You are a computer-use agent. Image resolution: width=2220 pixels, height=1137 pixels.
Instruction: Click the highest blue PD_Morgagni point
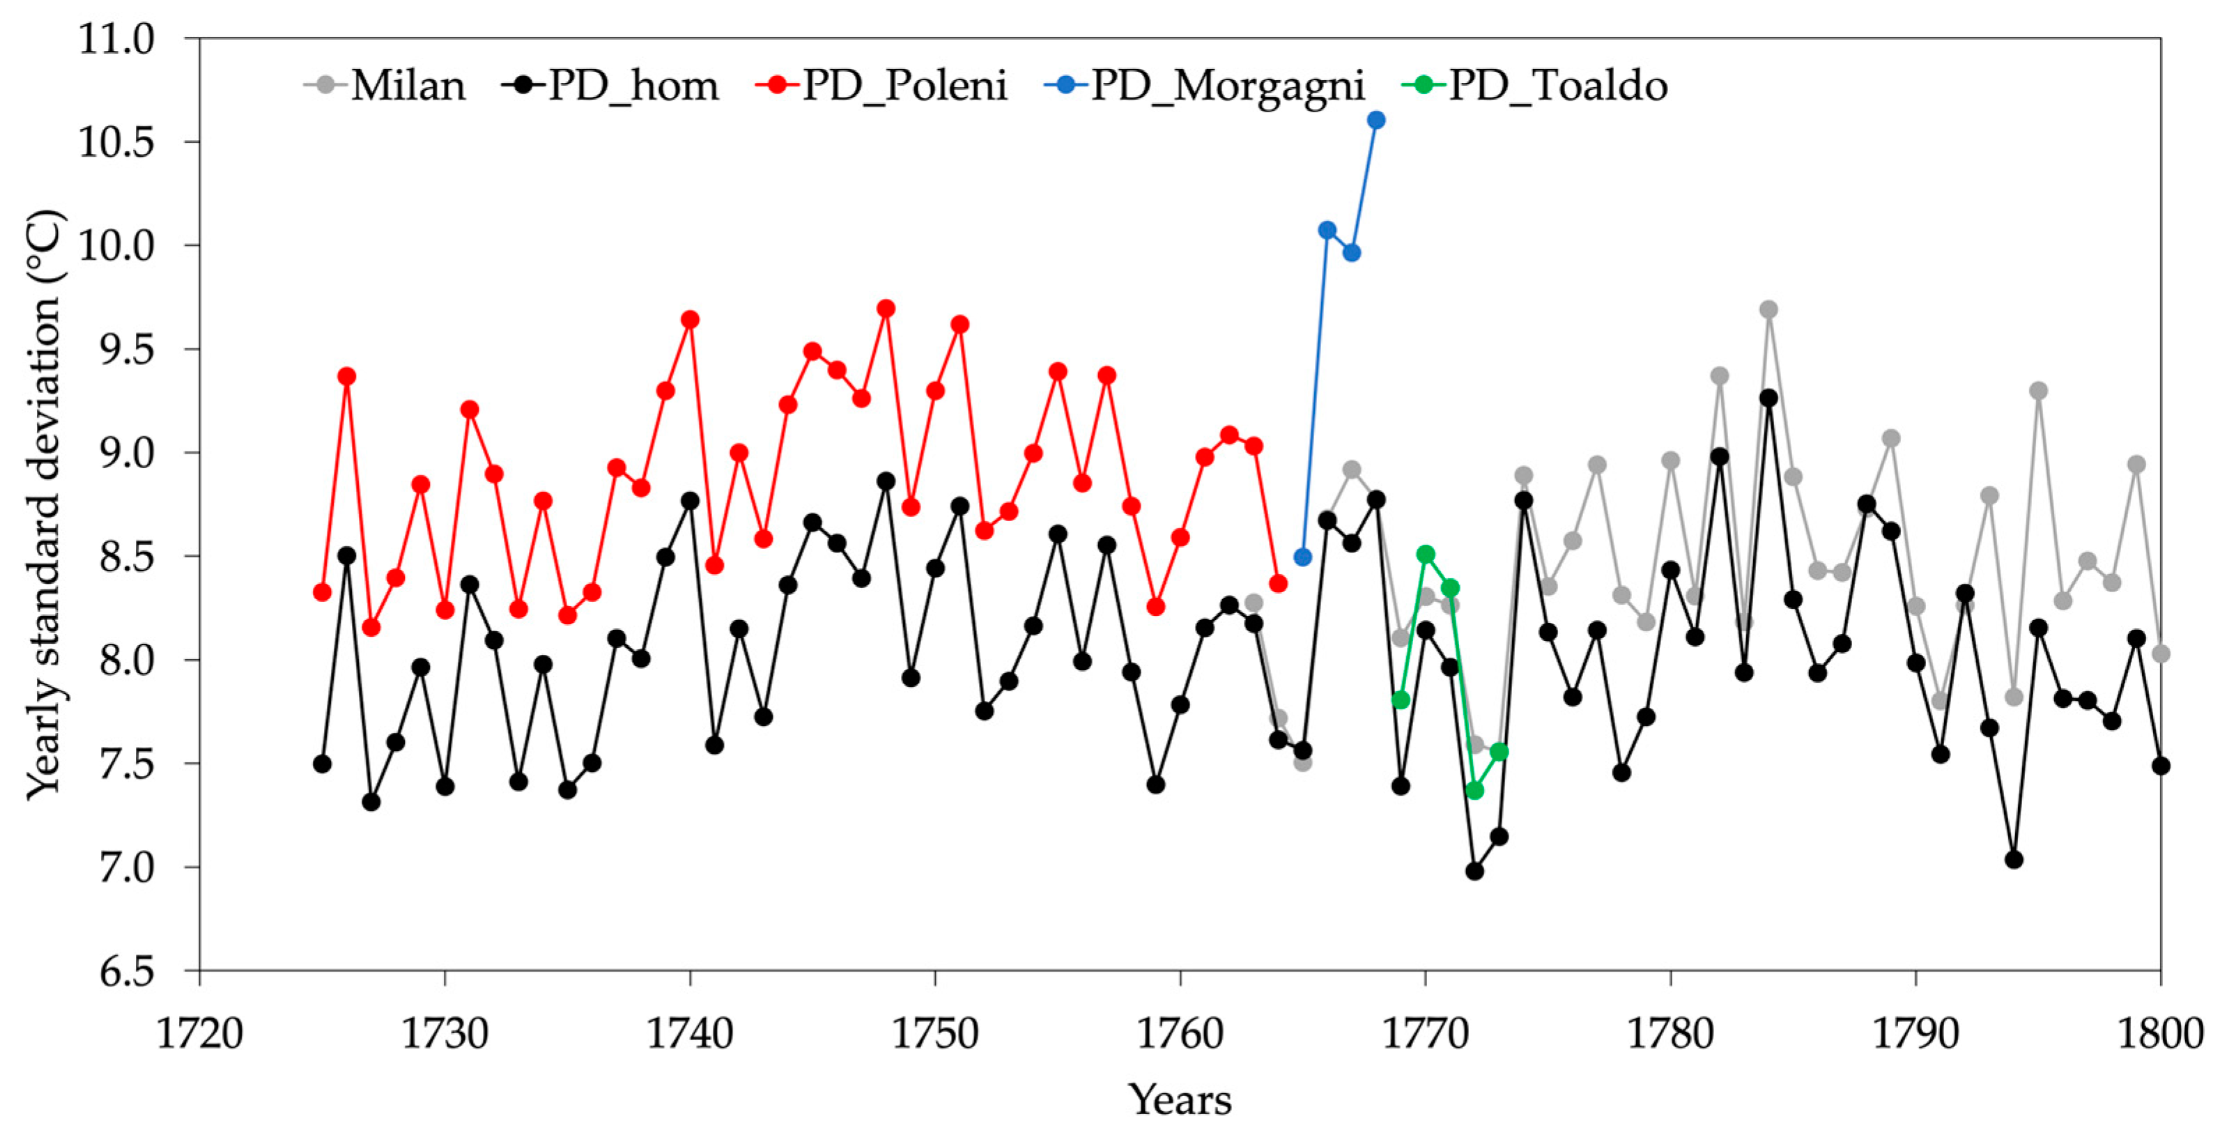(1376, 120)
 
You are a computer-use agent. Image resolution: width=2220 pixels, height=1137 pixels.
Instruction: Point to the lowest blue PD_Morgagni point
(1303, 557)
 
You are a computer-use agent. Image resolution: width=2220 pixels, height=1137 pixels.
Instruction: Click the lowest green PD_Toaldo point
(1474, 790)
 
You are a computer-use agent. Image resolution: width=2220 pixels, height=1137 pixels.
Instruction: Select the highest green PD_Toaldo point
(1426, 554)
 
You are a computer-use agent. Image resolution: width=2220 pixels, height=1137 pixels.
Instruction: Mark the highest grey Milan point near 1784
(1768, 309)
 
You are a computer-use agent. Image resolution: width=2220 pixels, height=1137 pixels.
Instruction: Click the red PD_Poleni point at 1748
(886, 309)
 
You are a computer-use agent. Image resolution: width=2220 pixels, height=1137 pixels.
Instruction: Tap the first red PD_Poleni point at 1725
(323, 591)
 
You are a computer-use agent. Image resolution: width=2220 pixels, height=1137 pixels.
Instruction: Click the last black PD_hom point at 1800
(2161, 766)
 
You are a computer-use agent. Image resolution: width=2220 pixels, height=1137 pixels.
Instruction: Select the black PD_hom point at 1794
(2014, 860)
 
